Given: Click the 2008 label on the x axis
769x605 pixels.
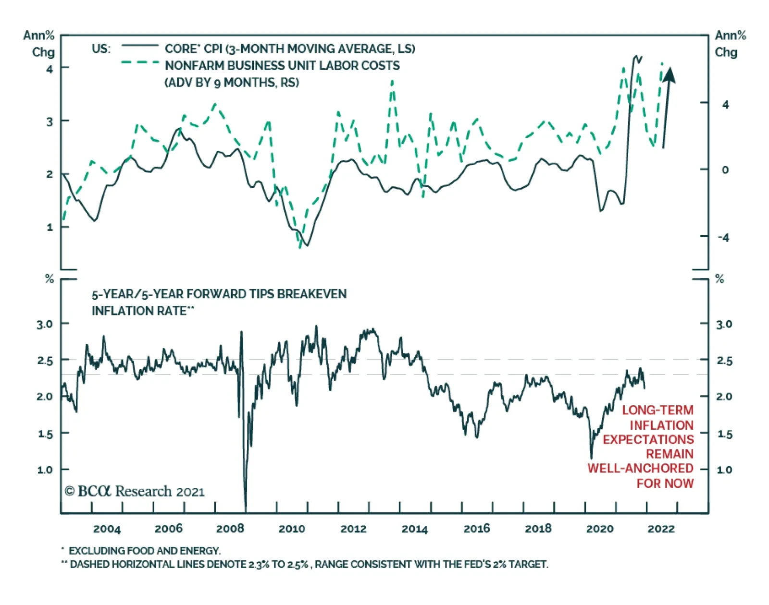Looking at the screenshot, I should pyautogui.click(x=230, y=529).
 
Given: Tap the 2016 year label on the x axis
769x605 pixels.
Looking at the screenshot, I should pyautogui.click(x=476, y=529).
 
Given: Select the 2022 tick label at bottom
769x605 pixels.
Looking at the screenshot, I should pyautogui.click(x=661, y=529).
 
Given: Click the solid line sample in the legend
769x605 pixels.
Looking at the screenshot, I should pyautogui.click(x=140, y=46).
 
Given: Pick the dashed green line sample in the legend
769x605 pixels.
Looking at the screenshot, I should pyautogui.click(x=140, y=62).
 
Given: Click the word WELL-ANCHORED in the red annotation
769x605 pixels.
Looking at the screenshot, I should pyautogui.click(x=640, y=468).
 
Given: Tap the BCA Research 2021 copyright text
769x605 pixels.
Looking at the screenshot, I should pyautogui.click(x=135, y=491).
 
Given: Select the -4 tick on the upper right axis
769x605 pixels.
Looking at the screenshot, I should pyautogui.click(x=723, y=237).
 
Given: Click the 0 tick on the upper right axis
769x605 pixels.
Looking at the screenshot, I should pyautogui.click(x=725, y=169).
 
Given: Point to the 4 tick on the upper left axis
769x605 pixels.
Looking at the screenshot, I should pyautogui.click(x=50, y=69).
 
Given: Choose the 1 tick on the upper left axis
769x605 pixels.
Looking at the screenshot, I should pyautogui.click(x=50, y=227).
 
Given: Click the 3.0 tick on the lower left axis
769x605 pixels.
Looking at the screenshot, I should pyautogui.click(x=45, y=324).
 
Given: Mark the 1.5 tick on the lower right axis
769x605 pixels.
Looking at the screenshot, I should pyautogui.click(x=724, y=434).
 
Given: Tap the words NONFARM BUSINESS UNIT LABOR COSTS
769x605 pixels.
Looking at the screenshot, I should pyautogui.click(x=282, y=66).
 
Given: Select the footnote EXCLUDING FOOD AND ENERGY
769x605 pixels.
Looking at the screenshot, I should pyautogui.click(x=144, y=551).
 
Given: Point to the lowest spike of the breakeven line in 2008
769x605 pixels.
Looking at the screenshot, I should pyautogui.click(x=246, y=509).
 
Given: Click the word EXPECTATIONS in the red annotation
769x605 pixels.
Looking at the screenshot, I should pyautogui.click(x=648, y=439).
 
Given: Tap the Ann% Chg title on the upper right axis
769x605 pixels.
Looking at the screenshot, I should pyautogui.click(x=730, y=44).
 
